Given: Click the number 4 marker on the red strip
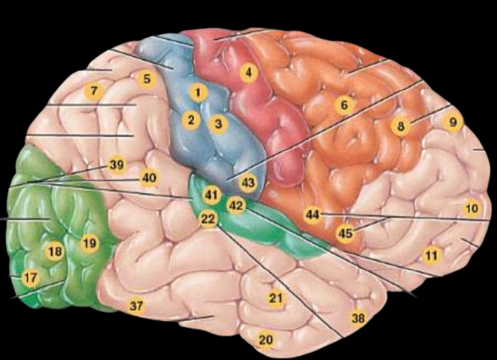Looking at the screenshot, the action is [x=249, y=73].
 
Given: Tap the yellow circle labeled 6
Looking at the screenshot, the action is [x=345, y=104].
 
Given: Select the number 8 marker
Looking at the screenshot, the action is [x=400, y=126].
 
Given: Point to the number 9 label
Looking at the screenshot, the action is [x=453, y=122].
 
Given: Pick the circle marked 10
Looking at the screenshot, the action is [x=472, y=208].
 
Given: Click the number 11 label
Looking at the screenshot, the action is [x=432, y=255].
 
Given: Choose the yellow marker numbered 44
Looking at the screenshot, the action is [x=312, y=215].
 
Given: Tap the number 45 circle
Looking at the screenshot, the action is [x=345, y=234].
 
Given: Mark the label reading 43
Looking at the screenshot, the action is [x=248, y=183].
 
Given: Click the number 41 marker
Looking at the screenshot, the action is [x=212, y=195].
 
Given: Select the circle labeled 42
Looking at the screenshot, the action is [x=236, y=206].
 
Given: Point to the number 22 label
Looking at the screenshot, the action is [x=208, y=219].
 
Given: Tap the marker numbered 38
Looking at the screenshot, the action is [x=358, y=318].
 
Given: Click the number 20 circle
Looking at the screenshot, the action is [x=266, y=340].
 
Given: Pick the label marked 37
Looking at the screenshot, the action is [x=136, y=306].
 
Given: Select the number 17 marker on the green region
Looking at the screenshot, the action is [x=30, y=278].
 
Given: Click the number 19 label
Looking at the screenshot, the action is [x=90, y=243].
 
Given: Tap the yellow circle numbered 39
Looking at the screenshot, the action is [x=117, y=164].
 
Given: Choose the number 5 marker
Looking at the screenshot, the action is [x=146, y=79].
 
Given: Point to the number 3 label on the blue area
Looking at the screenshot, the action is [x=218, y=124].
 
